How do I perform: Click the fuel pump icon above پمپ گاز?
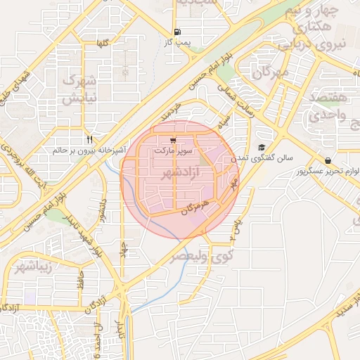(x=176, y=32)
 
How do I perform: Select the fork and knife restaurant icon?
(x=89, y=139)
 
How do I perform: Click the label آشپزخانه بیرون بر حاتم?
(x=89, y=150)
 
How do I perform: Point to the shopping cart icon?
(x=173, y=140)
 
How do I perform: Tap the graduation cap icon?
(x=262, y=148)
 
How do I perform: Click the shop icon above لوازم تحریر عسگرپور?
(x=328, y=160)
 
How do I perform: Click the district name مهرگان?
(x=271, y=72)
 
